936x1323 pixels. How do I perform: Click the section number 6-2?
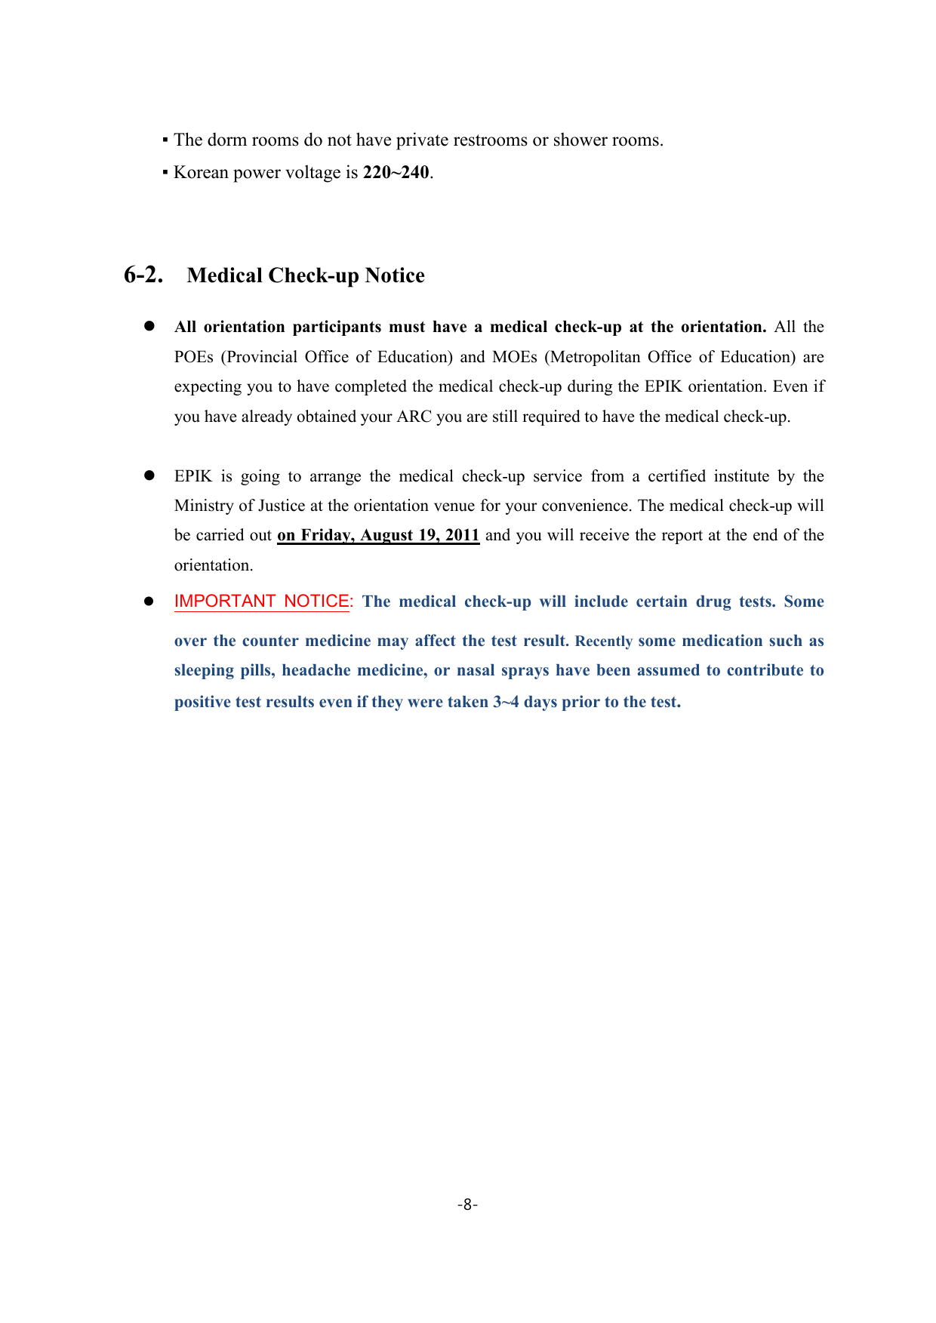[143, 275]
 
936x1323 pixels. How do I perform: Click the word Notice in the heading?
[395, 275]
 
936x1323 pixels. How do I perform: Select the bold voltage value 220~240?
[396, 173]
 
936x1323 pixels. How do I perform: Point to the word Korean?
[201, 173]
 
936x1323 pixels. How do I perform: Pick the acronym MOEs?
[515, 357]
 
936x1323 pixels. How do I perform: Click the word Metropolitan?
[596, 357]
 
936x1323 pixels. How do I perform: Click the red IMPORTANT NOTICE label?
[263, 602]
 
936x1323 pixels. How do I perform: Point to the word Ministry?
[204, 506]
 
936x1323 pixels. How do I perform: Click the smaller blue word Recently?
[604, 642]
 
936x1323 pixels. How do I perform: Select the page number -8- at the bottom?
[467, 1205]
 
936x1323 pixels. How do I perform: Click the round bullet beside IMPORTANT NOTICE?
[149, 602]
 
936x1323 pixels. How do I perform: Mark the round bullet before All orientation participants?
[149, 326]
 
